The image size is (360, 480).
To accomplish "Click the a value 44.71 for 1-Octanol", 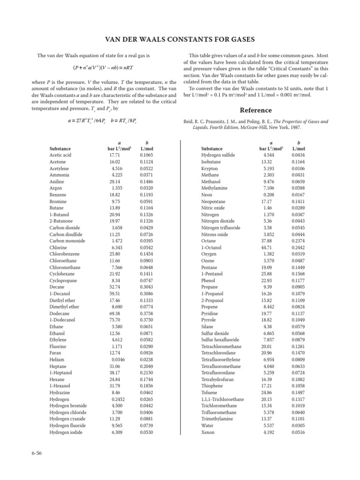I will click(x=266, y=247).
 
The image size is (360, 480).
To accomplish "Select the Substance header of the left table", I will click(x=60, y=149).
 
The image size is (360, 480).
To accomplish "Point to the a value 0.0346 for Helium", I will click(x=114, y=360).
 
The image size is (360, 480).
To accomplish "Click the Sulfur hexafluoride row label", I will click(x=220, y=340).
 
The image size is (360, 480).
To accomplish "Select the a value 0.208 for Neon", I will click(x=269, y=195).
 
